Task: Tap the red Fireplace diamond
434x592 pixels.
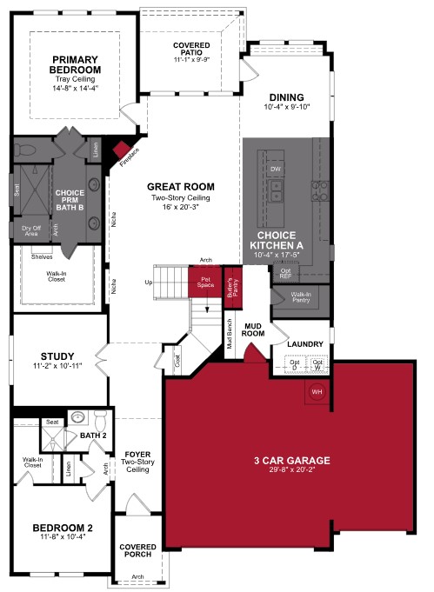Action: (x=122, y=150)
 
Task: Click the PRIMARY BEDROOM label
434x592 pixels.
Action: (x=73, y=65)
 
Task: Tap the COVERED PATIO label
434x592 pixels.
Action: (x=191, y=49)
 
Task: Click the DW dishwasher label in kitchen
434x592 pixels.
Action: (x=276, y=168)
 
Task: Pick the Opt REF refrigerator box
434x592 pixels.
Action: (x=284, y=274)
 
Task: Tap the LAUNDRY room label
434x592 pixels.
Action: (x=304, y=344)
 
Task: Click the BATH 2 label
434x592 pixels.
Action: (x=93, y=435)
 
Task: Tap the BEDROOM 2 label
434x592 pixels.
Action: (x=63, y=528)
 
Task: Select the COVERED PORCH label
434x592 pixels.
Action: (x=137, y=551)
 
